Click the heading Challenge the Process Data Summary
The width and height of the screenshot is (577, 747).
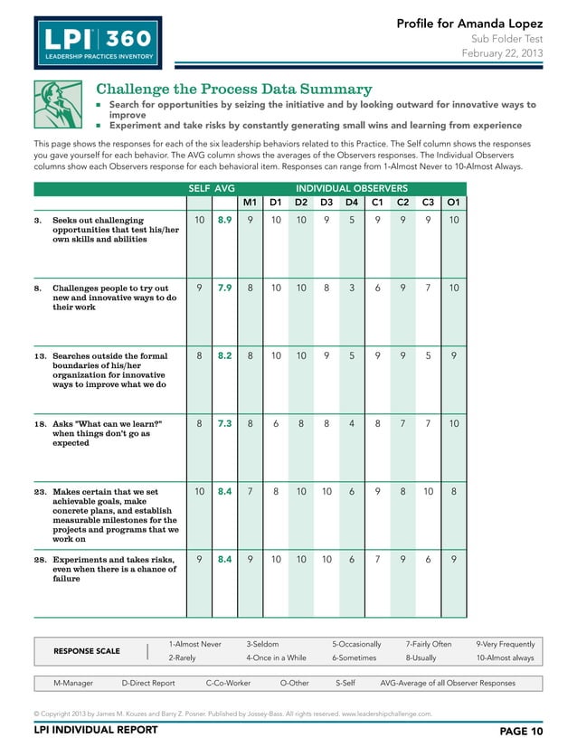[x=234, y=89]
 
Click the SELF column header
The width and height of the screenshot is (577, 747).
[x=198, y=187]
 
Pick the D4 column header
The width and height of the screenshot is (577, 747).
[x=352, y=202]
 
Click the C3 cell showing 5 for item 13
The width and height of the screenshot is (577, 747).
[x=428, y=355]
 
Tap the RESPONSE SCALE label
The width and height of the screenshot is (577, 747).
[x=87, y=650]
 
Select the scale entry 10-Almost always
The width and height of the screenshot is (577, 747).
[x=506, y=657]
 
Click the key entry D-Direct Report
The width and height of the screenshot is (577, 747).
[x=148, y=683]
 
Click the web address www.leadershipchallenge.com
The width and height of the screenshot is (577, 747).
[x=386, y=714]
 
